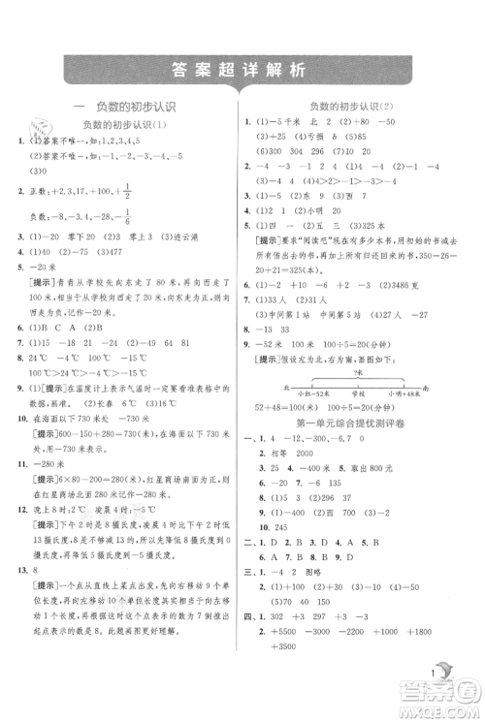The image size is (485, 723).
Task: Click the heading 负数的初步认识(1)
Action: click(x=126, y=126)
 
